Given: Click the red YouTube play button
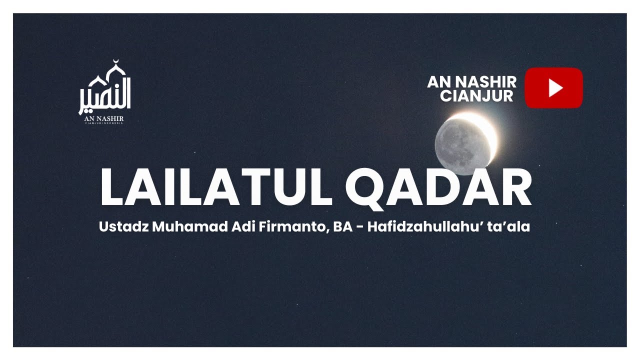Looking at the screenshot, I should (x=553, y=88).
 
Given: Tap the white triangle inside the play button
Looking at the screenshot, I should (x=555, y=88).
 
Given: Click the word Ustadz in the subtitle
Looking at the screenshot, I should (x=123, y=226).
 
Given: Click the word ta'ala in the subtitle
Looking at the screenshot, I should (x=512, y=226).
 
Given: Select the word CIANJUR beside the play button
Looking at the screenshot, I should (x=476, y=95).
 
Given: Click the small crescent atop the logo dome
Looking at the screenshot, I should (x=116, y=62).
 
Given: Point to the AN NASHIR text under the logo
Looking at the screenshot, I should (x=104, y=118).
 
